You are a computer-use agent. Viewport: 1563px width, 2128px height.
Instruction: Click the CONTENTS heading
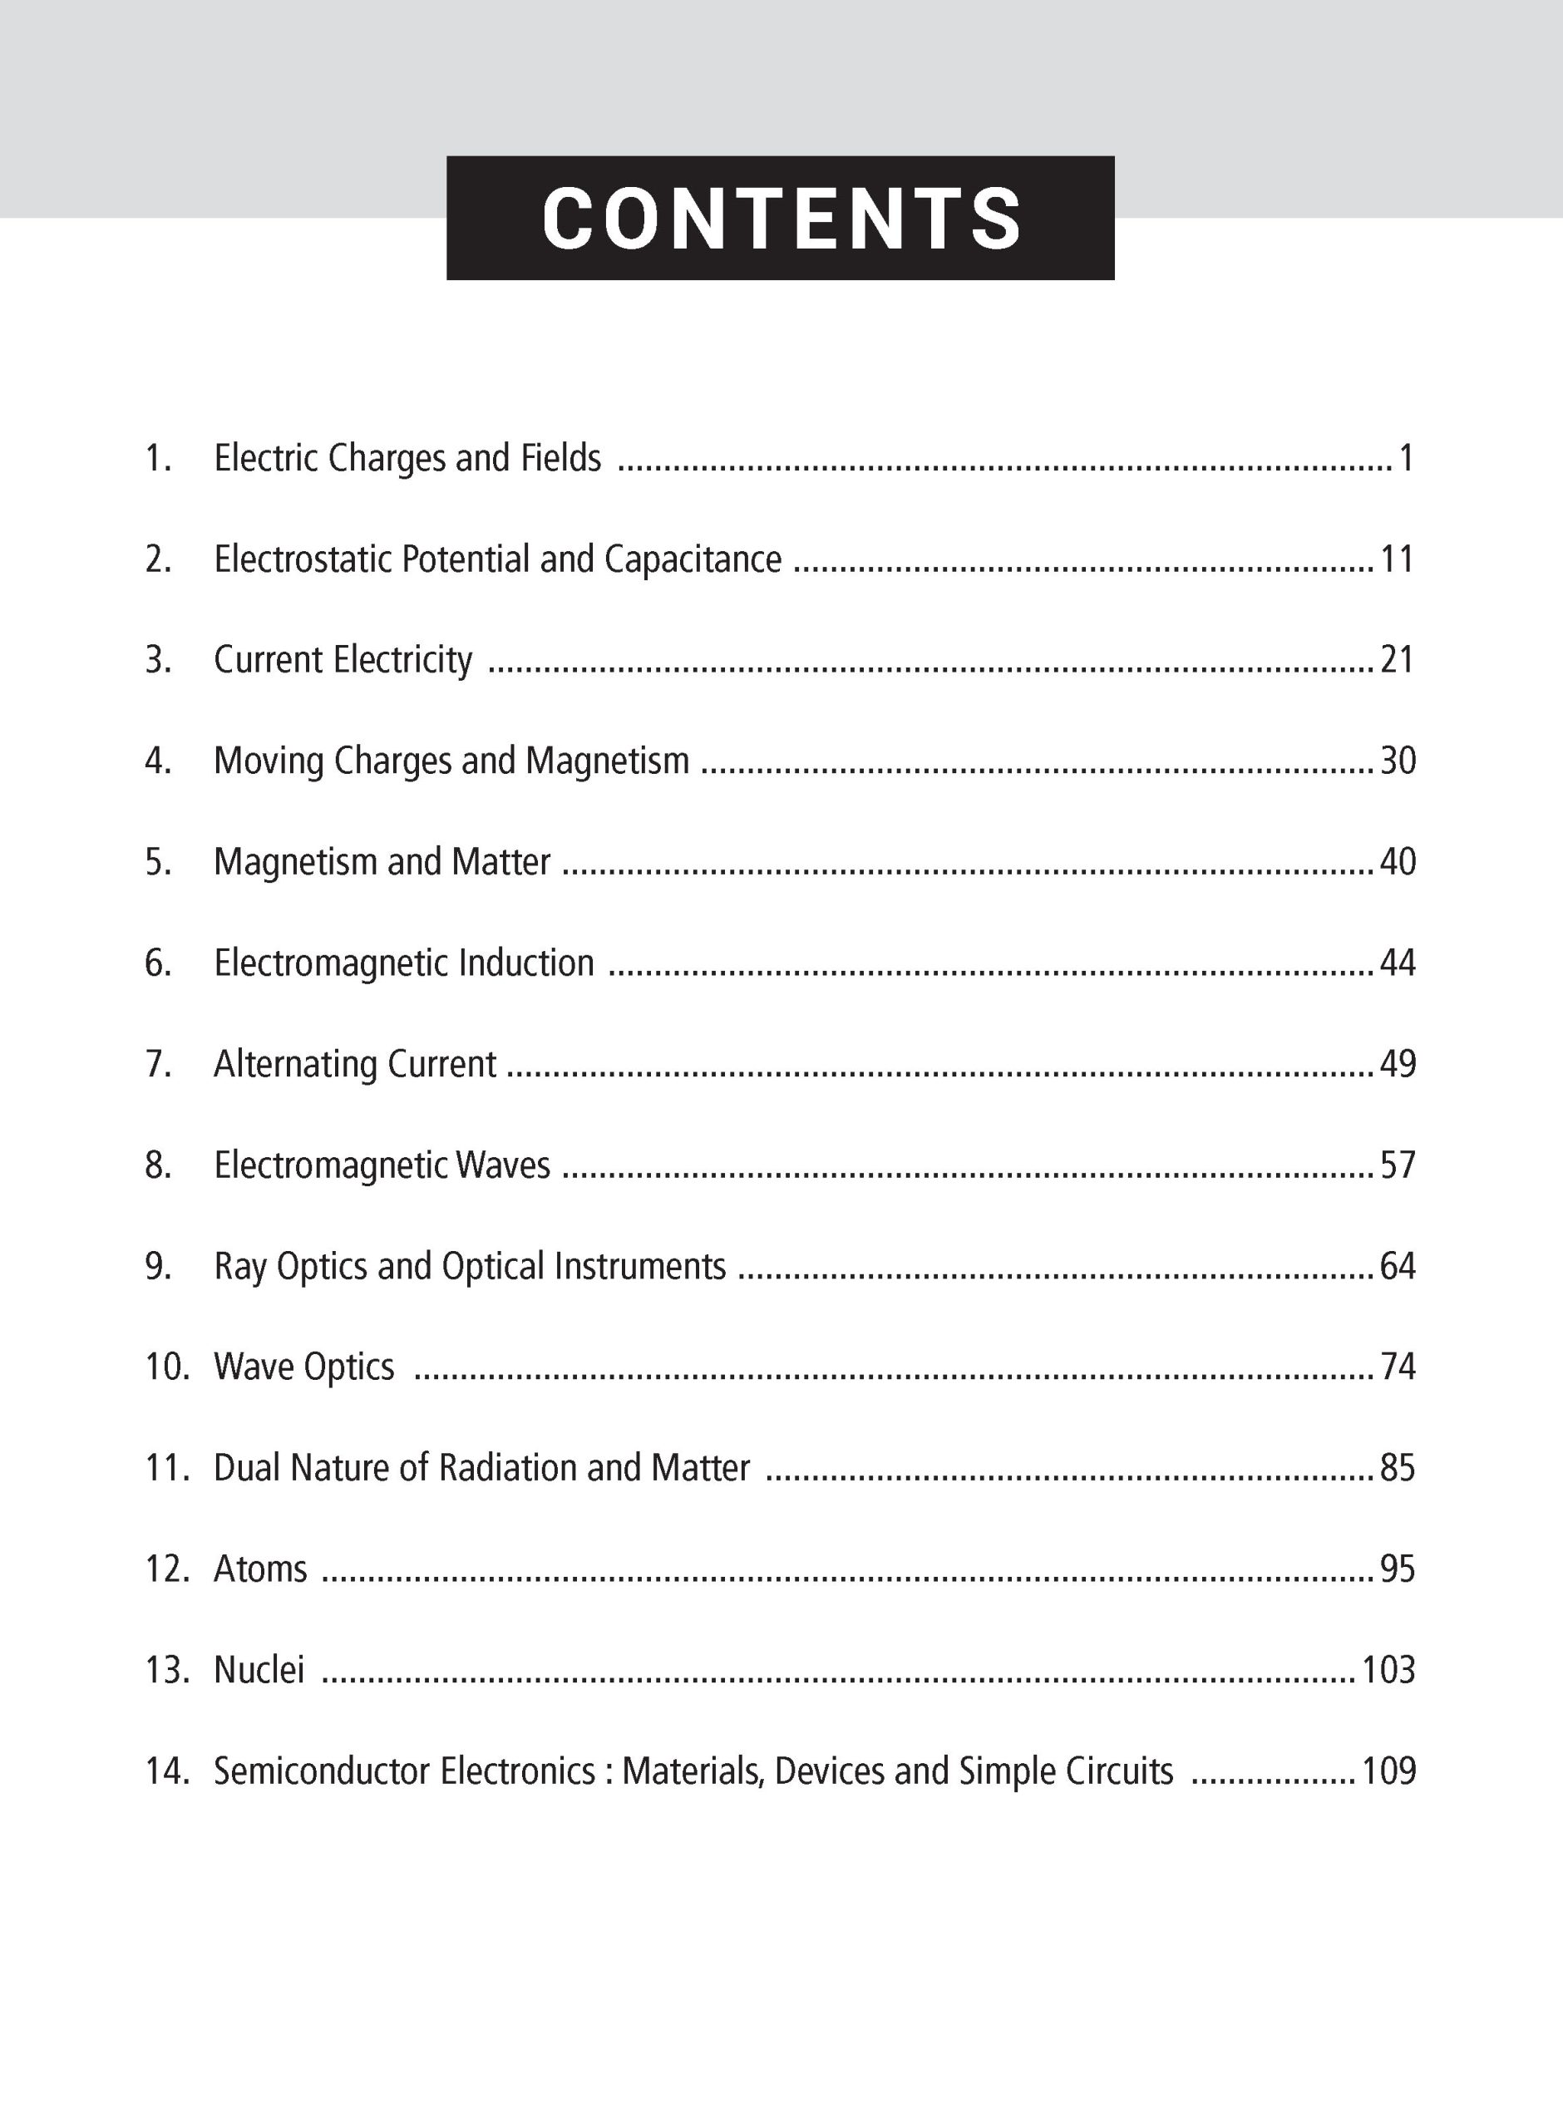click(781, 218)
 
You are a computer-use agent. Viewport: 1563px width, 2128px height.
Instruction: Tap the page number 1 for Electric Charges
click(1406, 459)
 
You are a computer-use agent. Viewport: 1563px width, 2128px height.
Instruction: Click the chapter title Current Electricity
click(343, 660)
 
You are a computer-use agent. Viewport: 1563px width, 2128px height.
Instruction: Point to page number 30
click(1398, 761)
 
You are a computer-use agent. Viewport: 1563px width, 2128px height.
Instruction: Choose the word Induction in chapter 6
click(526, 963)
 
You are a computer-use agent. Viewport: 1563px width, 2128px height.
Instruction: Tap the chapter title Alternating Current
click(355, 1064)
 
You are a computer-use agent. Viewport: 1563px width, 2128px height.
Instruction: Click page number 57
click(1398, 1165)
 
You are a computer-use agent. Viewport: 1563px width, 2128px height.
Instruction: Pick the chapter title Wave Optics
click(303, 1367)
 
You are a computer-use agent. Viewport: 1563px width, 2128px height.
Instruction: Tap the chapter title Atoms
click(260, 1569)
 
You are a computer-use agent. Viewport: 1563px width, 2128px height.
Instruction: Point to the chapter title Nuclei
click(259, 1670)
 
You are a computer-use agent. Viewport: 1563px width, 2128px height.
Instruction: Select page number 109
click(1388, 1771)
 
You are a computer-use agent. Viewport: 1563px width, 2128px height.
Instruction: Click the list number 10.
click(167, 1367)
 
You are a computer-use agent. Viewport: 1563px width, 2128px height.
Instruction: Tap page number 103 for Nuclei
click(1388, 1670)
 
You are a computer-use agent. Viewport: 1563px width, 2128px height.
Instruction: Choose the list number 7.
click(158, 1064)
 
